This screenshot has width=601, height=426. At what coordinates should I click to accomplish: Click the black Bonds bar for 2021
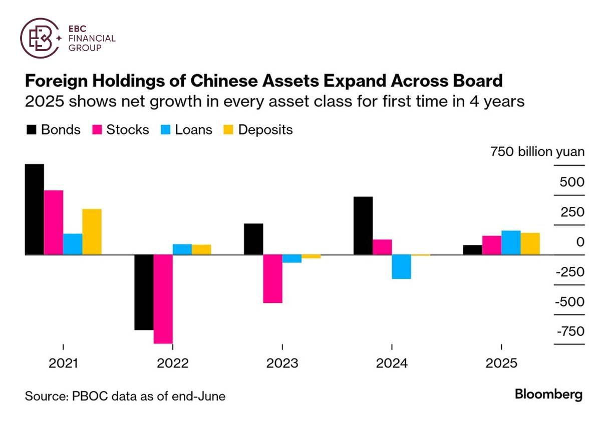(x=34, y=209)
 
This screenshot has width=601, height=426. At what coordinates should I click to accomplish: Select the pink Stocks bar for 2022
(x=163, y=299)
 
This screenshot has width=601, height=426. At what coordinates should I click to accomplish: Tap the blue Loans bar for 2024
(x=401, y=266)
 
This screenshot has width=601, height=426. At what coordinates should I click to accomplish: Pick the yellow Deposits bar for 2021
(x=92, y=231)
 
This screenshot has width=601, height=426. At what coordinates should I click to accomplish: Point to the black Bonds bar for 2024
(x=363, y=225)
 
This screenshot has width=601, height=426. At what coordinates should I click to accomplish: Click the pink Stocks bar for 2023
(x=272, y=279)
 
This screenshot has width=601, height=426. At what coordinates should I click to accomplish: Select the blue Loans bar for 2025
(x=511, y=242)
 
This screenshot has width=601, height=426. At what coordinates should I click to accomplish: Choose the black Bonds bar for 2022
(x=144, y=292)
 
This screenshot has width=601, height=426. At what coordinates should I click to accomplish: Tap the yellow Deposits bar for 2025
(x=530, y=243)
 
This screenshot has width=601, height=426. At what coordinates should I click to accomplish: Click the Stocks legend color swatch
(x=97, y=130)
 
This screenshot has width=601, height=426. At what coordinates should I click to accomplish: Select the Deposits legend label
(x=265, y=130)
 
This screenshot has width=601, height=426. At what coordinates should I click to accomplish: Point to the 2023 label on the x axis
(x=282, y=363)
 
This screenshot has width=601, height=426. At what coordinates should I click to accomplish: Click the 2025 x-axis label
(x=501, y=363)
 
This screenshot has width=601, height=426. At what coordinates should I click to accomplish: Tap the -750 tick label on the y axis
(x=570, y=331)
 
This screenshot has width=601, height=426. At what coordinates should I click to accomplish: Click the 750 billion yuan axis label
(x=537, y=152)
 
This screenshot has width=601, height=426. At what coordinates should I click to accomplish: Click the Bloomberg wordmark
(x=548, y=394)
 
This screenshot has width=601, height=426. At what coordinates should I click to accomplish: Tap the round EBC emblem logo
(x=39, y=38)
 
